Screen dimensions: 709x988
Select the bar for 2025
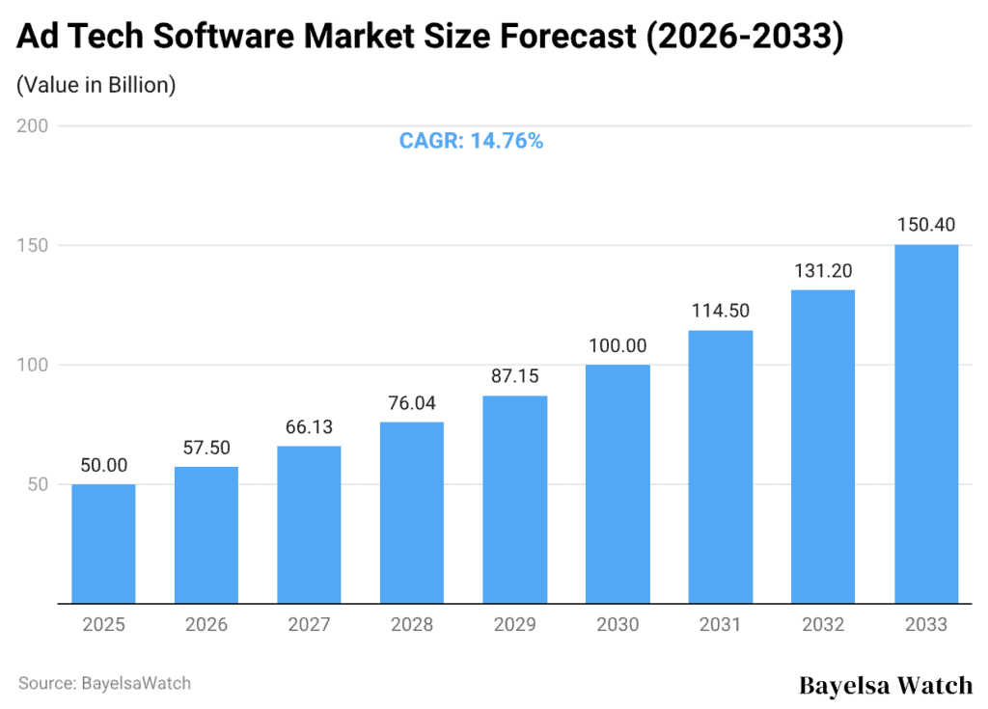click(x=103, y=543)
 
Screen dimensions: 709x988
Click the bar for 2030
click(x=617, y=483)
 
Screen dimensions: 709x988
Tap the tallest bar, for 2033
click(x=926, y=423)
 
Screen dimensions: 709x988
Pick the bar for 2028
click(x=412, y=512)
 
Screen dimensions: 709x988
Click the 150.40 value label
click(x=926, y=225)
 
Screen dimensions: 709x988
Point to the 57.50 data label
click(x=206, y=448)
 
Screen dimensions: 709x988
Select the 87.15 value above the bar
click(x=515, y=376)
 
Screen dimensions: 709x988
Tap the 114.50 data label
click(x=721, y=311)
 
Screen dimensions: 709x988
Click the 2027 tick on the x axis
click(x=309, y=625)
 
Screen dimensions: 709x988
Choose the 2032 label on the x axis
click(x=823, y=625)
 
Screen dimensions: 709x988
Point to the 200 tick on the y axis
click(x=34, y=125)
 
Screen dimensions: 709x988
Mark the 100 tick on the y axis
click(x=34, y=365)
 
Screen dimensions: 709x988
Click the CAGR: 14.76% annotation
click(x=471, y=141)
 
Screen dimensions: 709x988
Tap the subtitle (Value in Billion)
click(x=96, y=85)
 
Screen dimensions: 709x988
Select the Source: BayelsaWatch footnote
click(x=104, y=683)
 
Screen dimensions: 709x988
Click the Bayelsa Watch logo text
click(x=886, y=685)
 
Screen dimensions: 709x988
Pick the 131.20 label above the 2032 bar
click(x=823, y=270)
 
